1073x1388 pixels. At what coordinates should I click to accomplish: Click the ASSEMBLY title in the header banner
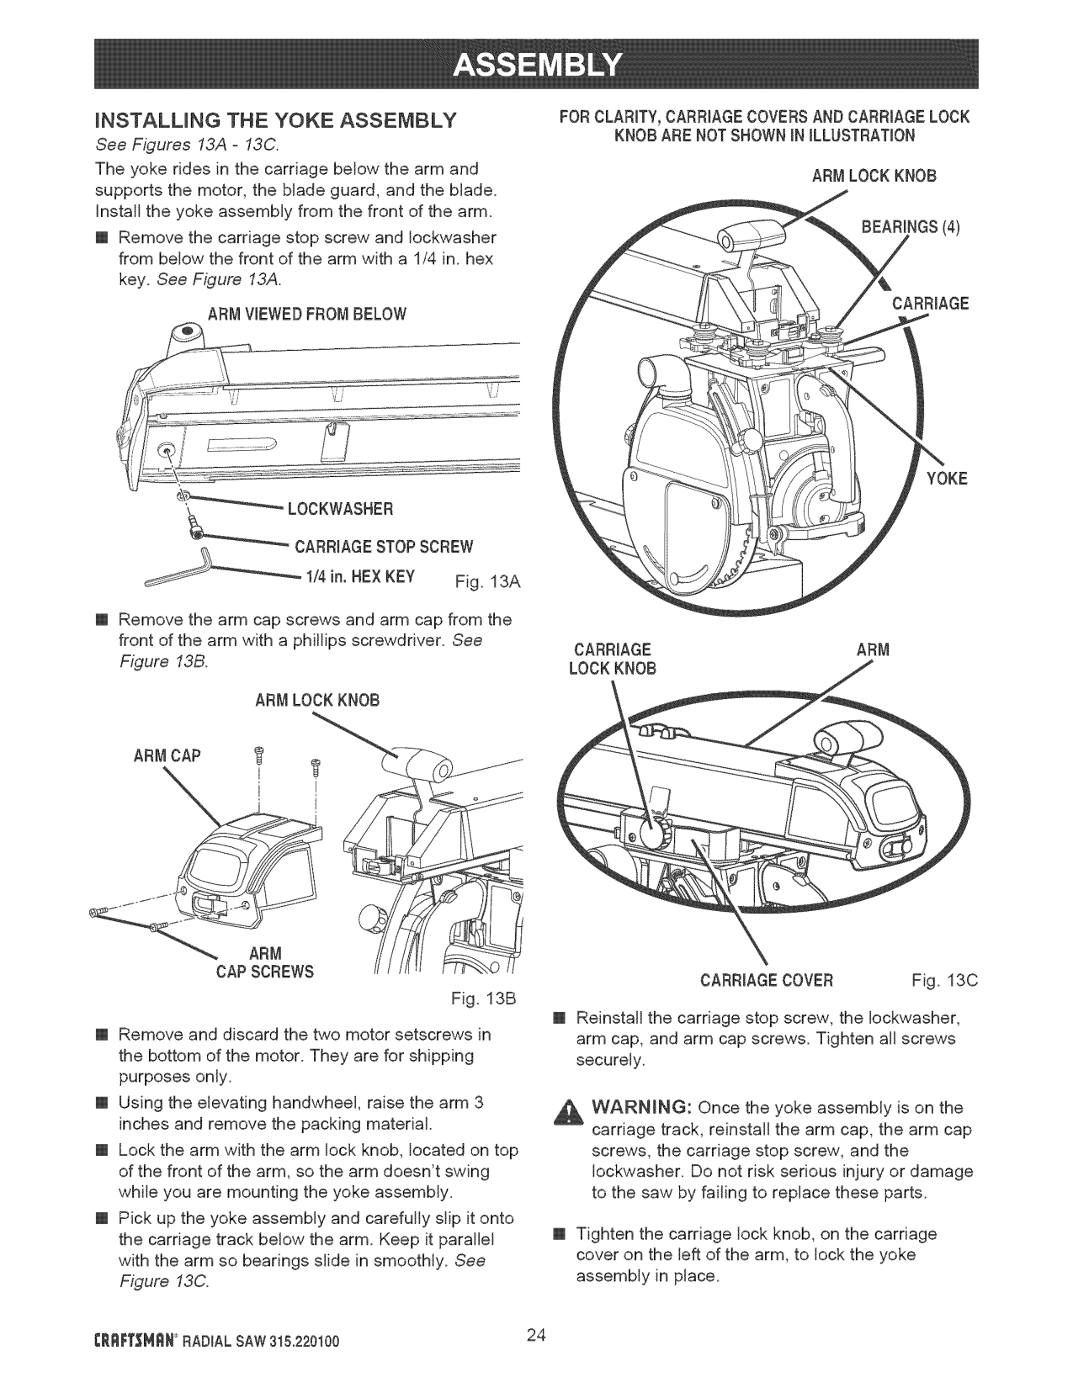(536, 64)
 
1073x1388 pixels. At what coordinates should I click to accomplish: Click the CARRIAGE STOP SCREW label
(383, 547)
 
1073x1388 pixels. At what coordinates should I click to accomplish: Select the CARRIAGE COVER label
(766, 981)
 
